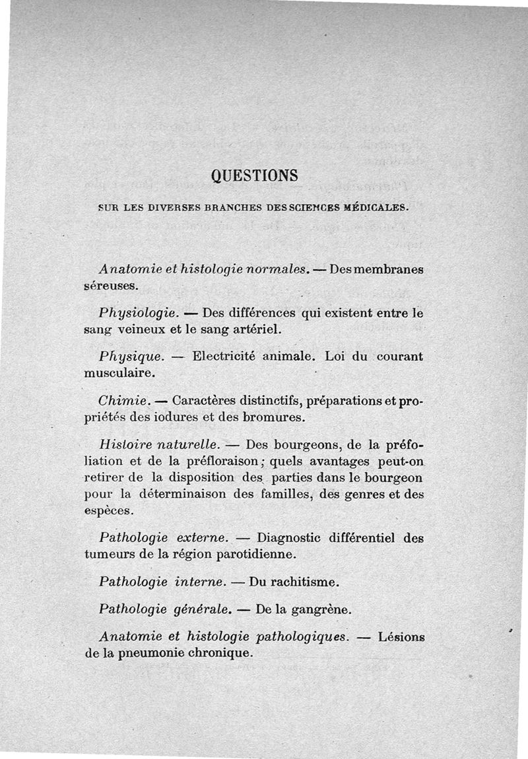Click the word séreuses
[x=111, y=287]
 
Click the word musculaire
[x=119, y=373]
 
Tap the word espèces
[x=109, y=510]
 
